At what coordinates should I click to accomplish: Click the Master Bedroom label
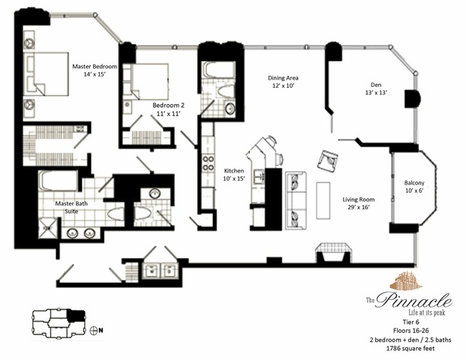point(95,70)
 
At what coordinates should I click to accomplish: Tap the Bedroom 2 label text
point(168,109)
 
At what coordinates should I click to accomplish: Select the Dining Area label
point(285,82)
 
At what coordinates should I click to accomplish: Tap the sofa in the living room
point(296,194)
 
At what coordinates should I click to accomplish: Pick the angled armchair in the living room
point(327,160)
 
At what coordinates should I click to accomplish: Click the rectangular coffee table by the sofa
point(323,199)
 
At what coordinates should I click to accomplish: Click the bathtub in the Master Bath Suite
point(58,181)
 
